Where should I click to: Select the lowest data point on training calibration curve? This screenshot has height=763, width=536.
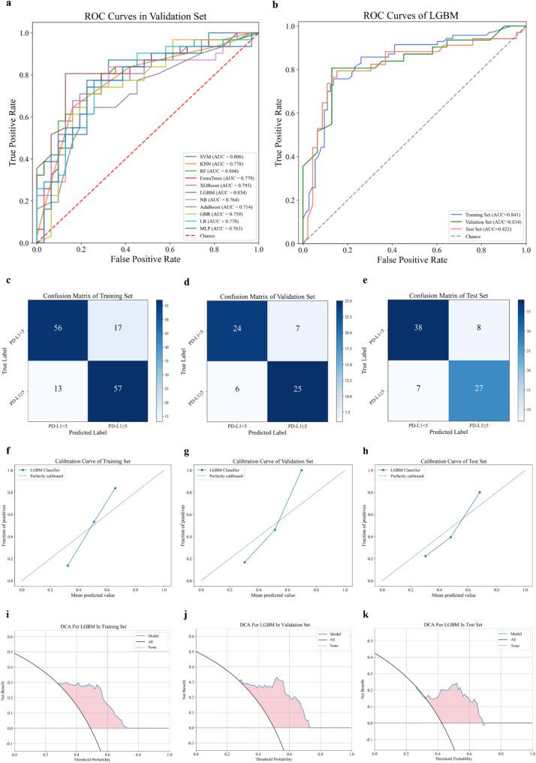click(x=68, y=565)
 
